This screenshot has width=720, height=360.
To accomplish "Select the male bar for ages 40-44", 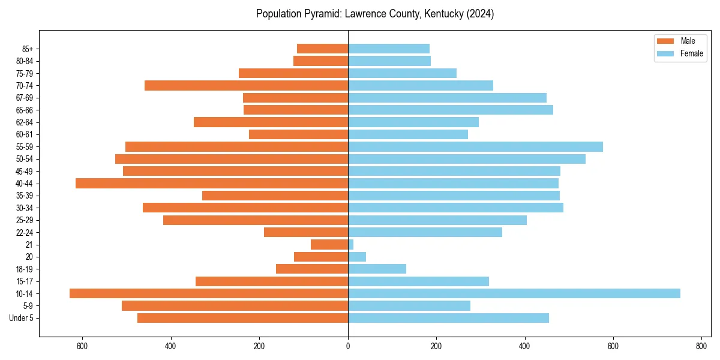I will coord(212,183).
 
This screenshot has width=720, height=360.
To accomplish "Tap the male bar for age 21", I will coord(329,244).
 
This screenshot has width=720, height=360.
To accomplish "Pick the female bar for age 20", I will coord(357,257).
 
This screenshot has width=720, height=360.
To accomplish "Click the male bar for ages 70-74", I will coord(246,85).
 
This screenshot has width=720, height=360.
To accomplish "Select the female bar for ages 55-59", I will coord(475,146).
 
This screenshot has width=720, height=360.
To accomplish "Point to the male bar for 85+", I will coord(322,49).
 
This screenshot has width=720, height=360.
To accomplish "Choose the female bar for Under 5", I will coord(448,318).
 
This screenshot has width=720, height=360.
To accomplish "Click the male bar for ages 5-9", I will coord(235,305).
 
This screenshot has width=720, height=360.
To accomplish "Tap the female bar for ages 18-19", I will coord(377,269).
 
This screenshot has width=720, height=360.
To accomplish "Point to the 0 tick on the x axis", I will coord(348,346).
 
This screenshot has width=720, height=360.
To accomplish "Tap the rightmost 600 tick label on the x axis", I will coord(613,346).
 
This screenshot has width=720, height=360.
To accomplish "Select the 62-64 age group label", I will coord(25,122).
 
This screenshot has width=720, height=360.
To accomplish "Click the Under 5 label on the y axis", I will coord(22,318).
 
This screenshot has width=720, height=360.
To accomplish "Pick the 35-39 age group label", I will coord(25,196).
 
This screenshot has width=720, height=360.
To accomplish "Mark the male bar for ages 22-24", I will coord(306,232).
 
